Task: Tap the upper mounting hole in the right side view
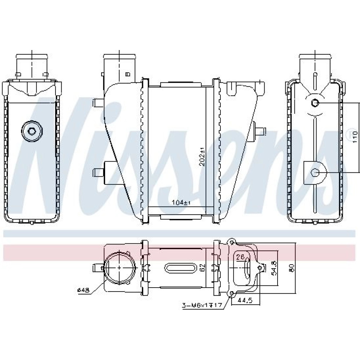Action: tap(315, 104)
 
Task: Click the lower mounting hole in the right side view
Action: tap(316, 173)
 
